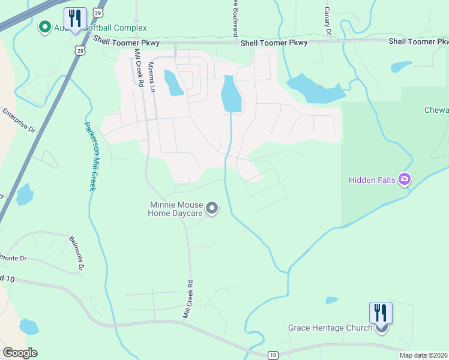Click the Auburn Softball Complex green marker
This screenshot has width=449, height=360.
tap(44, 26)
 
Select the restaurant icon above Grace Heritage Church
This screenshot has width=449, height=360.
tap(380, 313)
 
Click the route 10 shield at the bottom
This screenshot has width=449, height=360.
tap(273, 355)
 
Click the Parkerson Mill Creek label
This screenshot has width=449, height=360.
tap(89, 156)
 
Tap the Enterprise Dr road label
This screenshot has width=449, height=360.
tap(19, 120)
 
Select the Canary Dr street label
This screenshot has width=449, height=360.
tap(328, 20)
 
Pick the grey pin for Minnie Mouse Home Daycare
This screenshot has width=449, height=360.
tap(211, 208)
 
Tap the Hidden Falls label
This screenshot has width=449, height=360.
tap(373, 179)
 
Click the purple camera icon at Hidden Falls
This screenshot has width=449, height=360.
tap(405, 179)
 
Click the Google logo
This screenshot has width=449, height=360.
tap(20, 352)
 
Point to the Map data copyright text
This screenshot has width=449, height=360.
tap(423, 355)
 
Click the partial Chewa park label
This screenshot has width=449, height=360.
tap(436, 110)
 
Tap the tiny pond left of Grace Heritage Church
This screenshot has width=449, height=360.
tap(331, 300)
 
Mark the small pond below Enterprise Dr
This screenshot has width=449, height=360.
tap(25, 194)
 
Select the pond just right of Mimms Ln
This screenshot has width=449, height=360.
tap(173, 83)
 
